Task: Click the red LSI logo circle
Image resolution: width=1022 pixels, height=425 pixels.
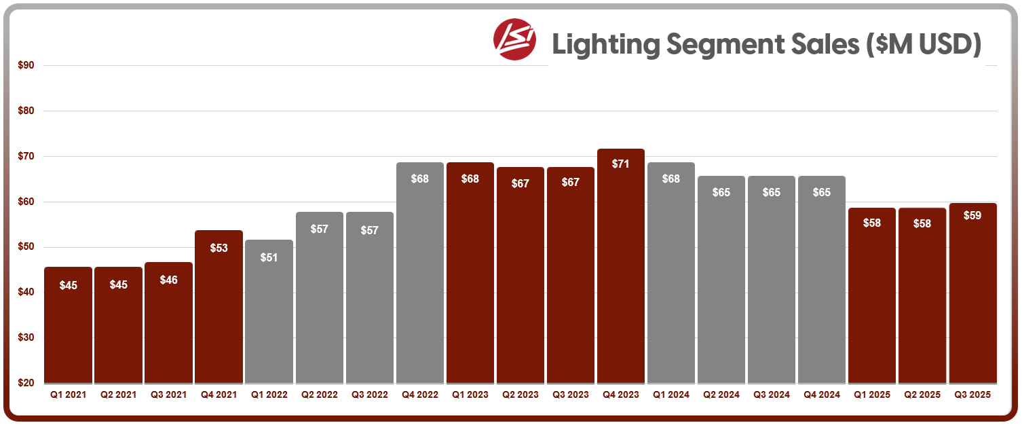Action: tap(514, 39)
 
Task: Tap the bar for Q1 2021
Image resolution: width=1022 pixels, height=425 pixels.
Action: tap(68, 325)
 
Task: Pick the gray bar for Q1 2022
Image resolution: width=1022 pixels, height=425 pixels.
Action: tap(269, 312)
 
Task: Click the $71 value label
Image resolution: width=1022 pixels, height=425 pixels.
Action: tap(621, 164)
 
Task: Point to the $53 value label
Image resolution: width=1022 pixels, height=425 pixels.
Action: tap(219, 248)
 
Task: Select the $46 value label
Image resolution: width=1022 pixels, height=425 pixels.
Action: tap(168, 280)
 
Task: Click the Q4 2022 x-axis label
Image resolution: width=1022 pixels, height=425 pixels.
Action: tap(420, 394)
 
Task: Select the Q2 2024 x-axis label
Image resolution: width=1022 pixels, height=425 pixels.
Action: tap(721, 394)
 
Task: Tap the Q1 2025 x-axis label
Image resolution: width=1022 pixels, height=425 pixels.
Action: tap(872, 394)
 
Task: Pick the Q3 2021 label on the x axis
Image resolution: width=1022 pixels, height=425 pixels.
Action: tap(168, 394)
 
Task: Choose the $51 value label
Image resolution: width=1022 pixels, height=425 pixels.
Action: tap(269, 257)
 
